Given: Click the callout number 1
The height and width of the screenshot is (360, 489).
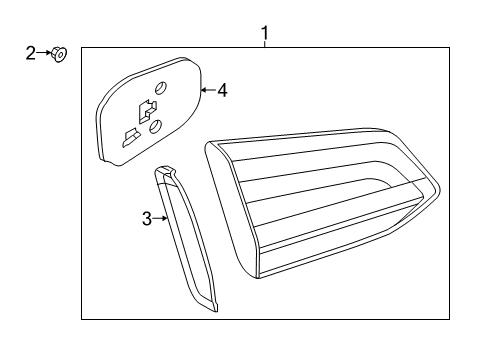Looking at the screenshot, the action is [265, 33].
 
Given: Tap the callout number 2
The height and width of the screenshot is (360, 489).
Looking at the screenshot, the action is [31, 53].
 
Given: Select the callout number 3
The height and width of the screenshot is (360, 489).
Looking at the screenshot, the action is [147, 219].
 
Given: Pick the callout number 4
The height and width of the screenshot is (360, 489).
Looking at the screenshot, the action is [222, 90].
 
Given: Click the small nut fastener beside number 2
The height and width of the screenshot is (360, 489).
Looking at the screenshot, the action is [59, 54].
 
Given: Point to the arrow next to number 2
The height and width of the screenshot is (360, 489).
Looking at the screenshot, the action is [44, 53].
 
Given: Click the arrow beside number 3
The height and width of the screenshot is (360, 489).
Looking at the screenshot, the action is [160, 218].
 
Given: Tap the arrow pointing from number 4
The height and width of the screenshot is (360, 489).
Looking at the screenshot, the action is [209, 90].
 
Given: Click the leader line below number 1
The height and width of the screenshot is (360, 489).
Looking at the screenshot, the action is [265, 44].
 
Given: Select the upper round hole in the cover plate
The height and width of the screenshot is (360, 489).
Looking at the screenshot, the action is [160, 87].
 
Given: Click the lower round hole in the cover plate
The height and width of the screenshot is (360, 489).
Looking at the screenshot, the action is [155, 127].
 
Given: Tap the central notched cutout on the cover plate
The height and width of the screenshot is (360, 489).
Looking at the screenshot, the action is [147, 110].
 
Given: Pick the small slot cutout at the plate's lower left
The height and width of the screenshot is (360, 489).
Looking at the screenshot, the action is [131, 137].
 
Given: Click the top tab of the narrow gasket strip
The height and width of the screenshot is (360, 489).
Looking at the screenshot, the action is [165, 170].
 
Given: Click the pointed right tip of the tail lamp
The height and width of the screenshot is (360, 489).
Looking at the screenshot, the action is [440, 190].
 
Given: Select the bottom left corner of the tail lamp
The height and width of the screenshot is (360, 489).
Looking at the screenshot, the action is [258, 278].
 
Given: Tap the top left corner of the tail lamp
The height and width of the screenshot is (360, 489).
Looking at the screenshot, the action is [207, 143].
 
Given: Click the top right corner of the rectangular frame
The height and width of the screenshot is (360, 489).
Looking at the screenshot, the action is [449, 48].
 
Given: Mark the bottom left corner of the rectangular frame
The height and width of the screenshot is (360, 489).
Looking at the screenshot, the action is [82, 319].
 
